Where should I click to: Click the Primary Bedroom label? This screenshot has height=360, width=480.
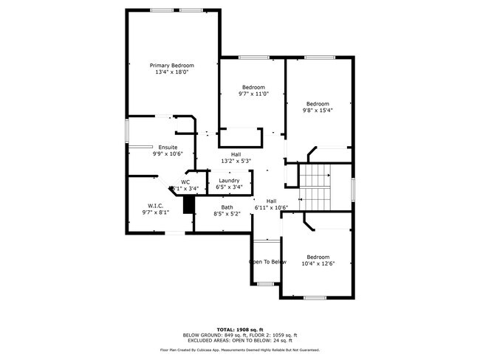[x=172, y=65]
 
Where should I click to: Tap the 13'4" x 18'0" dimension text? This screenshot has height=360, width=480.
[x=172, y=72]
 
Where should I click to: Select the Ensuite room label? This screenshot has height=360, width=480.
[x=167, y=147]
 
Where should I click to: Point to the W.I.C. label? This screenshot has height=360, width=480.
[x=156, y=206]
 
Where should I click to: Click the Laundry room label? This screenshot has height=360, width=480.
[x=229, y=180]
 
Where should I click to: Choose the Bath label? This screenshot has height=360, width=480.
[x=227, y=207]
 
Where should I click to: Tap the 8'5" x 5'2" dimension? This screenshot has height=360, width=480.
[x=227, y=214]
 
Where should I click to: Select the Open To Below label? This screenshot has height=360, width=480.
[x=267, y=262]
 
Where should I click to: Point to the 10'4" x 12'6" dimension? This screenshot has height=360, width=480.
[x=318, y=263]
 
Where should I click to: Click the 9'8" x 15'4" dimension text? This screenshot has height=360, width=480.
[x=318, y=111]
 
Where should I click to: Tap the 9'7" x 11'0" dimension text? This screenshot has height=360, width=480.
[x=253, y=94]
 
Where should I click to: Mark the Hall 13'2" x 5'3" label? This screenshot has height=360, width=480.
[x=236, y=157]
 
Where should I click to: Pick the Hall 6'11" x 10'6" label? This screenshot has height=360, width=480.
[x=271, y=204]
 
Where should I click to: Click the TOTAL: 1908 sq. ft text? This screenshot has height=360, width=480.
[x=240, y=329]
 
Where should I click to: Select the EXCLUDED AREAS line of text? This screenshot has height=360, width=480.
[x=240, y=339]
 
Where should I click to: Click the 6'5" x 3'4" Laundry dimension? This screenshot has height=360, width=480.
[x=229, y=187]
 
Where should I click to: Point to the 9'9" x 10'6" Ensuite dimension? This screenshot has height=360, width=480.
[x=168, y=153]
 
